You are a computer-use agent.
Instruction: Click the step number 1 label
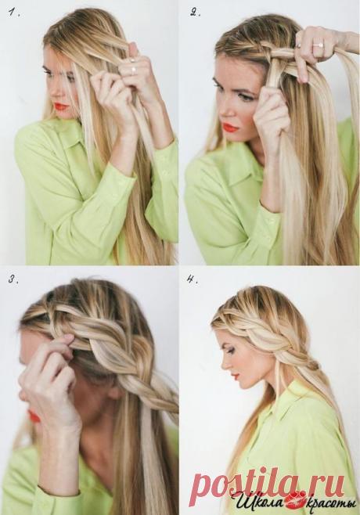(x=14, y=13)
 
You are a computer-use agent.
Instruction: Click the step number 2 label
(x=196, y=13)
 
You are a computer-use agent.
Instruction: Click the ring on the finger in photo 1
(x=133, y=70)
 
